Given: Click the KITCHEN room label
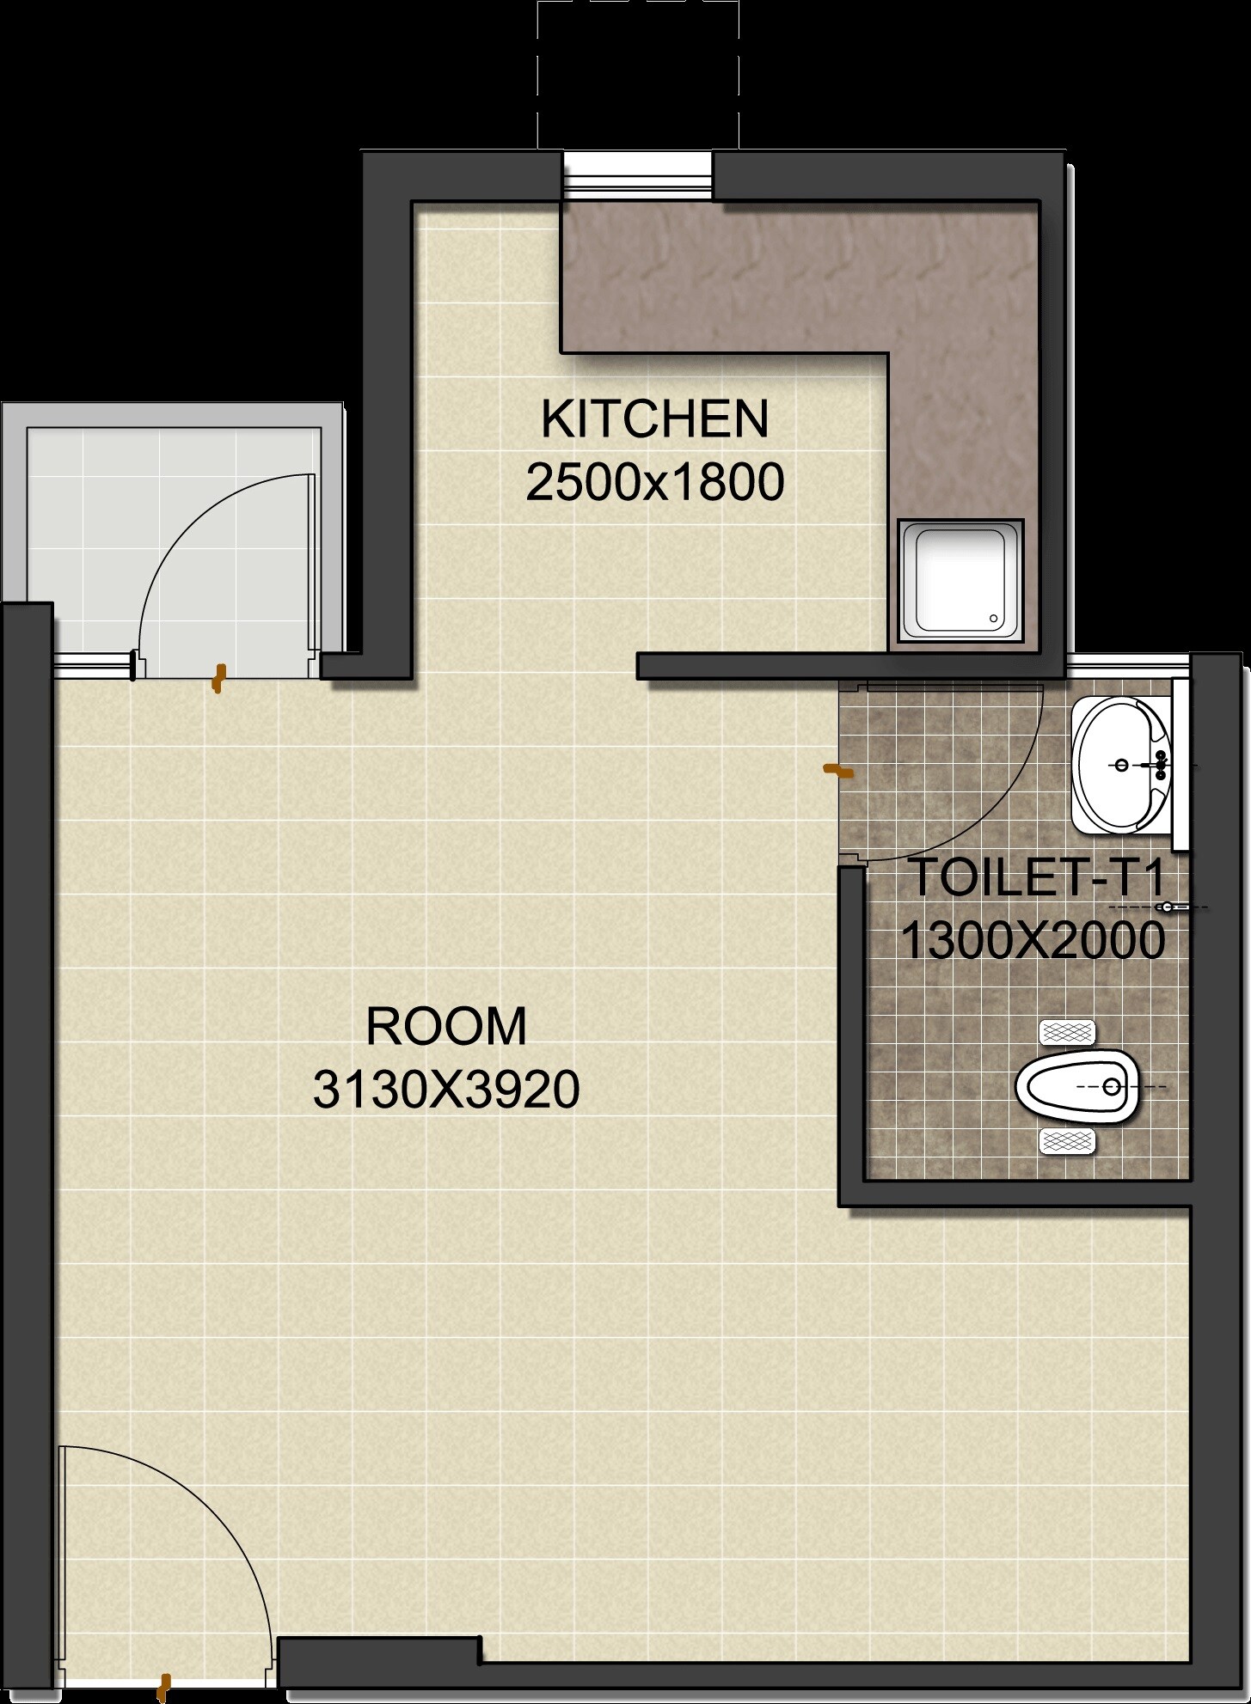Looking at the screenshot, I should point(654,419).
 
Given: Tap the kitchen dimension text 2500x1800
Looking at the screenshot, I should point(654,482).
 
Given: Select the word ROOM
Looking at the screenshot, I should point(446,1026).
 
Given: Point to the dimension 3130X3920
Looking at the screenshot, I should point(446,1090).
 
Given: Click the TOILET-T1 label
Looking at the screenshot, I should point(1036,877).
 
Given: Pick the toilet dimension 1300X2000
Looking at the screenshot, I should point(1033,940).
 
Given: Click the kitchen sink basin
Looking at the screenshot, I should point(960,580).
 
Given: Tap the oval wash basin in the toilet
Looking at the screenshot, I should point(1120,765).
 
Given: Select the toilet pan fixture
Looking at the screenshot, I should point(1078,1086).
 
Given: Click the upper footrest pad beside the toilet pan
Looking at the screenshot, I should point(1067,1032).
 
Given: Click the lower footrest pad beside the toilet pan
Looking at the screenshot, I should point(1067,1141).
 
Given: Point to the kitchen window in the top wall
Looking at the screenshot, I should point(637,177).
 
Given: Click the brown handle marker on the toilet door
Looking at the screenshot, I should point(838,771).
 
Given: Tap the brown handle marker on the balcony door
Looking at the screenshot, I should point(219,677).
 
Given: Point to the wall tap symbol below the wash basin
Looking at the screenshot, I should point(1168,907).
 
